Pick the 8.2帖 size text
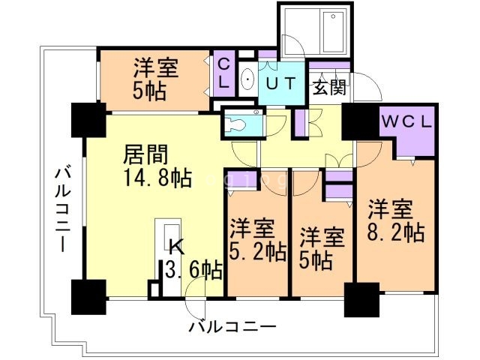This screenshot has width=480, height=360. pyautogui.click(x=397, y=230)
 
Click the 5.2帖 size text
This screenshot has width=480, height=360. pyautogui.click(x=258, y=250)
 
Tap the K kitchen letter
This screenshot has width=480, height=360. pyautogui.click(x=175, y=246)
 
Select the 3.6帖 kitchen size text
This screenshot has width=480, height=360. pyautogui.click(x=193, y=268)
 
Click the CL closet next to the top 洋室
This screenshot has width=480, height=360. pyautogui.click(x=223, y=72)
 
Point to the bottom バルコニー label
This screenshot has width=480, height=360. pyautogui.click(x=232, y=327)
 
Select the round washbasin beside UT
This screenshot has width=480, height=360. pyautogui.click(x=247, y=79)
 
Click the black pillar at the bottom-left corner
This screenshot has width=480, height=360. pyautogui.click(x=88, y=297)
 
